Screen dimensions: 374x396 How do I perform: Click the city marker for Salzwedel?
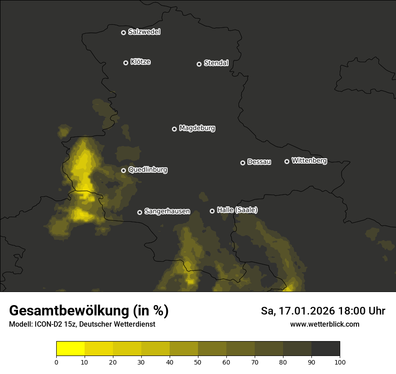123,32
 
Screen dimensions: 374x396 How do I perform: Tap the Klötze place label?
140,62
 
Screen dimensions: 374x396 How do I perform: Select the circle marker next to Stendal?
199,64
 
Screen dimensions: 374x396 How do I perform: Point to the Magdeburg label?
197,128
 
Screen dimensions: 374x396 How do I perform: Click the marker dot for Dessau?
243,163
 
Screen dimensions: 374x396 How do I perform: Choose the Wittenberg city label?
309,160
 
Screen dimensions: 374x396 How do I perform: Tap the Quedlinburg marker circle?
123,170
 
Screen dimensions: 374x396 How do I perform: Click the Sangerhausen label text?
167,211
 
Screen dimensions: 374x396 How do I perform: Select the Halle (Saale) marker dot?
212,211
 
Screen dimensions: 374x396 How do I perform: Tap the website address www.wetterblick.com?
325,324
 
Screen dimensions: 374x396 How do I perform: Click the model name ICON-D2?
45,324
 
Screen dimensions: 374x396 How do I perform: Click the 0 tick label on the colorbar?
56,362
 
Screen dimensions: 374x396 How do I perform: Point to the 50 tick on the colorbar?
198,362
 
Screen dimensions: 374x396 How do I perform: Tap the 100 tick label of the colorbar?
340,362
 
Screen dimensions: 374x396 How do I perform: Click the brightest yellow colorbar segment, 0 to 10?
71,349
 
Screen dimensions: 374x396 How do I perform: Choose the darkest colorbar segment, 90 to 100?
326,349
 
